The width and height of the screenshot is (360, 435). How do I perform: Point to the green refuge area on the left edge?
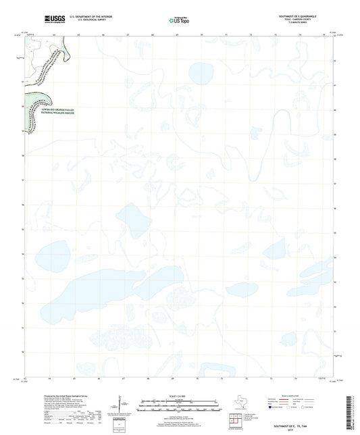[x=38, y=91]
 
